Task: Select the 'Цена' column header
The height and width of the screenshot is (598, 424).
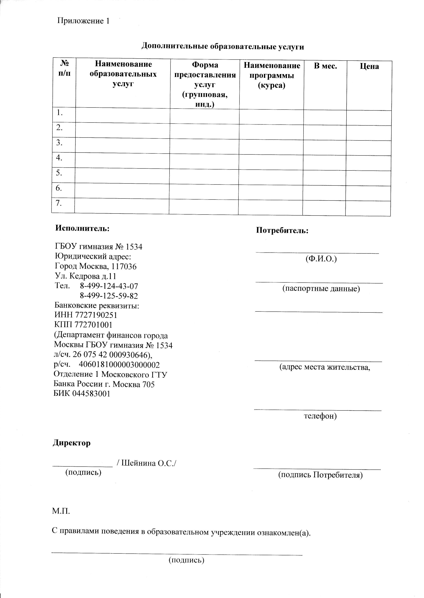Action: [369, 66]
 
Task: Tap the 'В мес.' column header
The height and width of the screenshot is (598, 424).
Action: [325, 66]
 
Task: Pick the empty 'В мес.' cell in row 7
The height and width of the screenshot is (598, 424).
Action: [324, 208]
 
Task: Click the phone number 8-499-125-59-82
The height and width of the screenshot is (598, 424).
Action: [109, 296]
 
